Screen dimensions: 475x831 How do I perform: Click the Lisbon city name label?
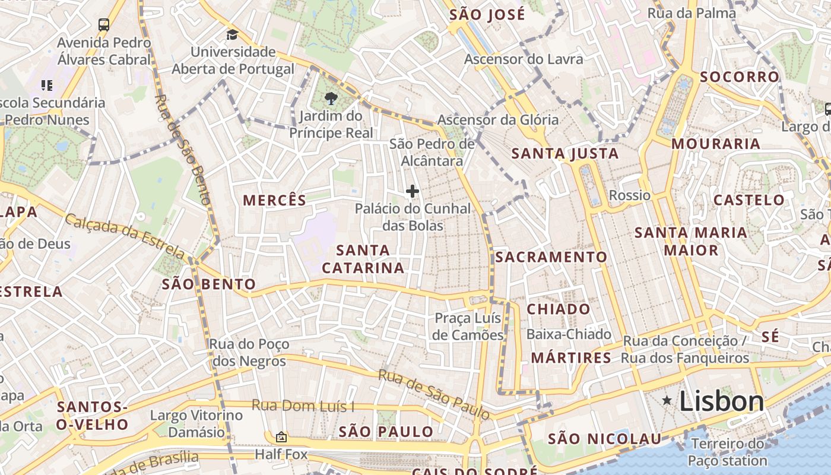pyautogui.click(x=721, y=402)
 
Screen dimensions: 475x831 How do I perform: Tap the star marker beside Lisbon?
pyautogui.click(x=667, y=401)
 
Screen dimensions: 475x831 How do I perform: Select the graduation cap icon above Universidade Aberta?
pyautogui.click(x=232, y=34)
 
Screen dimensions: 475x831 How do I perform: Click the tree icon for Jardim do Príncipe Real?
pyautogui.click(x=331, y=99)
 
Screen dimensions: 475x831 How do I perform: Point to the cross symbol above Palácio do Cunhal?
pyautogui.click(x=413, y=191)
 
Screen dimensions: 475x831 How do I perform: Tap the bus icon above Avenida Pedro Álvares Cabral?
pyautogui.click(x=104, y=25)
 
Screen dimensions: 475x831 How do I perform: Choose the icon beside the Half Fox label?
pyautogui.click(x=281, y=437)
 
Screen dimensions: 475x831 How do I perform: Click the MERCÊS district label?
pyautogui.click(x=275, y=200)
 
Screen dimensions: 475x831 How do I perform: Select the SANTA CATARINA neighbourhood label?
pyautogui.click(x=363, y=259)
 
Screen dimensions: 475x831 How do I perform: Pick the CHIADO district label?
pyautogui.click(x=559, y=309)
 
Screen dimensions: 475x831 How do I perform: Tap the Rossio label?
pyautogui.click(x=630, y=195)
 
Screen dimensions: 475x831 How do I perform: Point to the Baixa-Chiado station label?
pyautogui.click(x=569, y=334)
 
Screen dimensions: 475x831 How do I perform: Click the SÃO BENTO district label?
pyautogui.click(x=209, y=284)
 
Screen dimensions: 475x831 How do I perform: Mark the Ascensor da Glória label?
pyautogui.click(x=498, y=120)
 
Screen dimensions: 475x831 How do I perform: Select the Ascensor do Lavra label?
pyautogui.click(x=524, y=59)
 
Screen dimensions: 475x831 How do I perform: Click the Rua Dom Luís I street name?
pyautogui.click(x=303, y=406)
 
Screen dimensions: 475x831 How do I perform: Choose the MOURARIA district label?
pyautogui.click(x=716, y=144)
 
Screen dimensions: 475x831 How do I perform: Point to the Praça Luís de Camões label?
pyautogui.click(x=468, y=327)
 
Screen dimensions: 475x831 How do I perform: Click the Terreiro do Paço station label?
pyautogui.click(x=728, y=452)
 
